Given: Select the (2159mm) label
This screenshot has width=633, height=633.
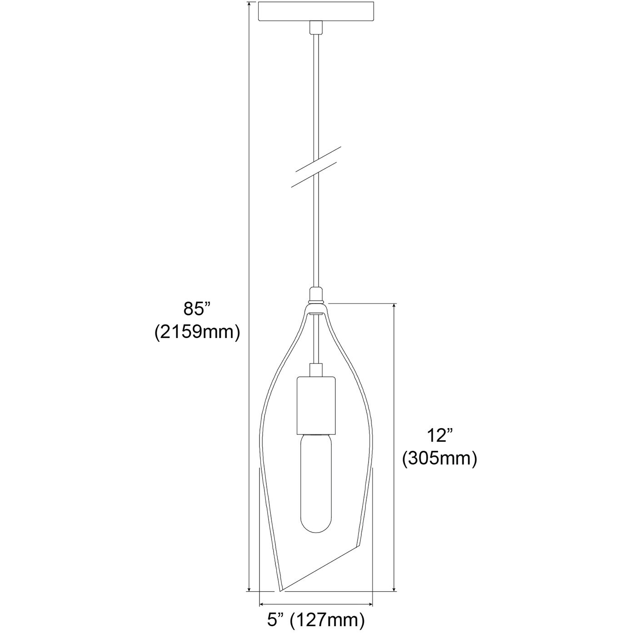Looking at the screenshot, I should [197, 332].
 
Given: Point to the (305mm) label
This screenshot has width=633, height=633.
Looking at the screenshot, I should [439, 459].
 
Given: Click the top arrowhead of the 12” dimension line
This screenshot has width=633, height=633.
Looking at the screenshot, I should [394, 306].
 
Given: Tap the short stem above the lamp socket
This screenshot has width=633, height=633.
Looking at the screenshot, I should [316, 370].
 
